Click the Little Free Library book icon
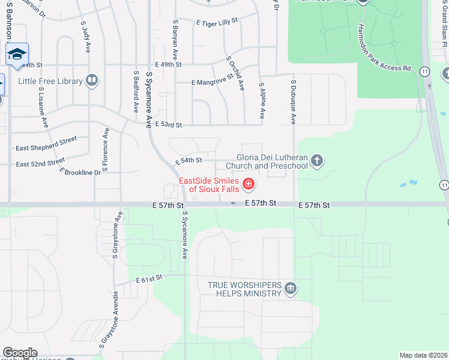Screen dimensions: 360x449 (x=92, y=81)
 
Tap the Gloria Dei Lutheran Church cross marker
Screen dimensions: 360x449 (x=317, y=161)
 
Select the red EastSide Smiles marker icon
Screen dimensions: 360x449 (x=247, y=184)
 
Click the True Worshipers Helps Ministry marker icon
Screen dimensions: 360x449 (x=291, y=289)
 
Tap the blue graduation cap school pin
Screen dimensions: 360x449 (x=17, y=53)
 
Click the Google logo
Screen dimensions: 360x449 (x=20, y=353)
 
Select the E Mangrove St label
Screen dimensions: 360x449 (x=212, y=80)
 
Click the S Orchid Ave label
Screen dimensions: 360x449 (x=235, y=73)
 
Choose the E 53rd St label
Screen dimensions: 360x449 (x=168, y=125)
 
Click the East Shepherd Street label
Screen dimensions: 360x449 (x=46, y=143)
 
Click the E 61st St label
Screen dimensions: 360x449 (x=149, y=280)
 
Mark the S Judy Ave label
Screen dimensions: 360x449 (x=85, y=36)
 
